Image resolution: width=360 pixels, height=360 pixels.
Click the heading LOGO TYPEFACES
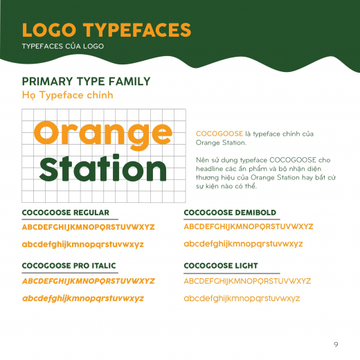tap(107, 30)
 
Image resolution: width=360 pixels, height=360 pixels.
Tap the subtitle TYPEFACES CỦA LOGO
tap(63, 46)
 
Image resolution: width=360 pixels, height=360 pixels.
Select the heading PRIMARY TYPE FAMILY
tap(86, 81)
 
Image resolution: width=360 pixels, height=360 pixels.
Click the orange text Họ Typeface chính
tap(68, 95)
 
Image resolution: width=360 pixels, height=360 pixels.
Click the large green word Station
tap(103, 168)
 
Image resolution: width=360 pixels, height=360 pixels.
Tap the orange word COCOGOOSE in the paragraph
tap(219, 134)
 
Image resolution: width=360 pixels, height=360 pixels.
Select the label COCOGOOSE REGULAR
tap(66, 213)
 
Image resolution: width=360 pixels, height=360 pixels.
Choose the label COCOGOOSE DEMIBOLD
tap(230, 213)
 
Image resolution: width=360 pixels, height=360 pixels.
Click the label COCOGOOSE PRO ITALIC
tap(69, 266)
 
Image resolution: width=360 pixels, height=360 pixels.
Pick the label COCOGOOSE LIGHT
tap(221, 266)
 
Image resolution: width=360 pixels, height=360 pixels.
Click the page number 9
tap(336, 344)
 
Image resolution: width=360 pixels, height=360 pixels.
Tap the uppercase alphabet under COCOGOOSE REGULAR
tap(89, 227)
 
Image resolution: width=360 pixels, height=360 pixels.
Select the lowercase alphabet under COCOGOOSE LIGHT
tap(242, 298)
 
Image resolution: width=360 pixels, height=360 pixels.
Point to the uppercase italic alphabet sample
tap(89, 281)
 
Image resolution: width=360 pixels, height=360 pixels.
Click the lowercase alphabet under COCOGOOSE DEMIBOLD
tap(243, 244)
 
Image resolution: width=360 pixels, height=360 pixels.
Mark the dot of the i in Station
tap(116, 157)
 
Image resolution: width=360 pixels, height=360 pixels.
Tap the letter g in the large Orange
tap(138, 137)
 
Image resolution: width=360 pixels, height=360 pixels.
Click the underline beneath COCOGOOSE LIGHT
tap(232, 273)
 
